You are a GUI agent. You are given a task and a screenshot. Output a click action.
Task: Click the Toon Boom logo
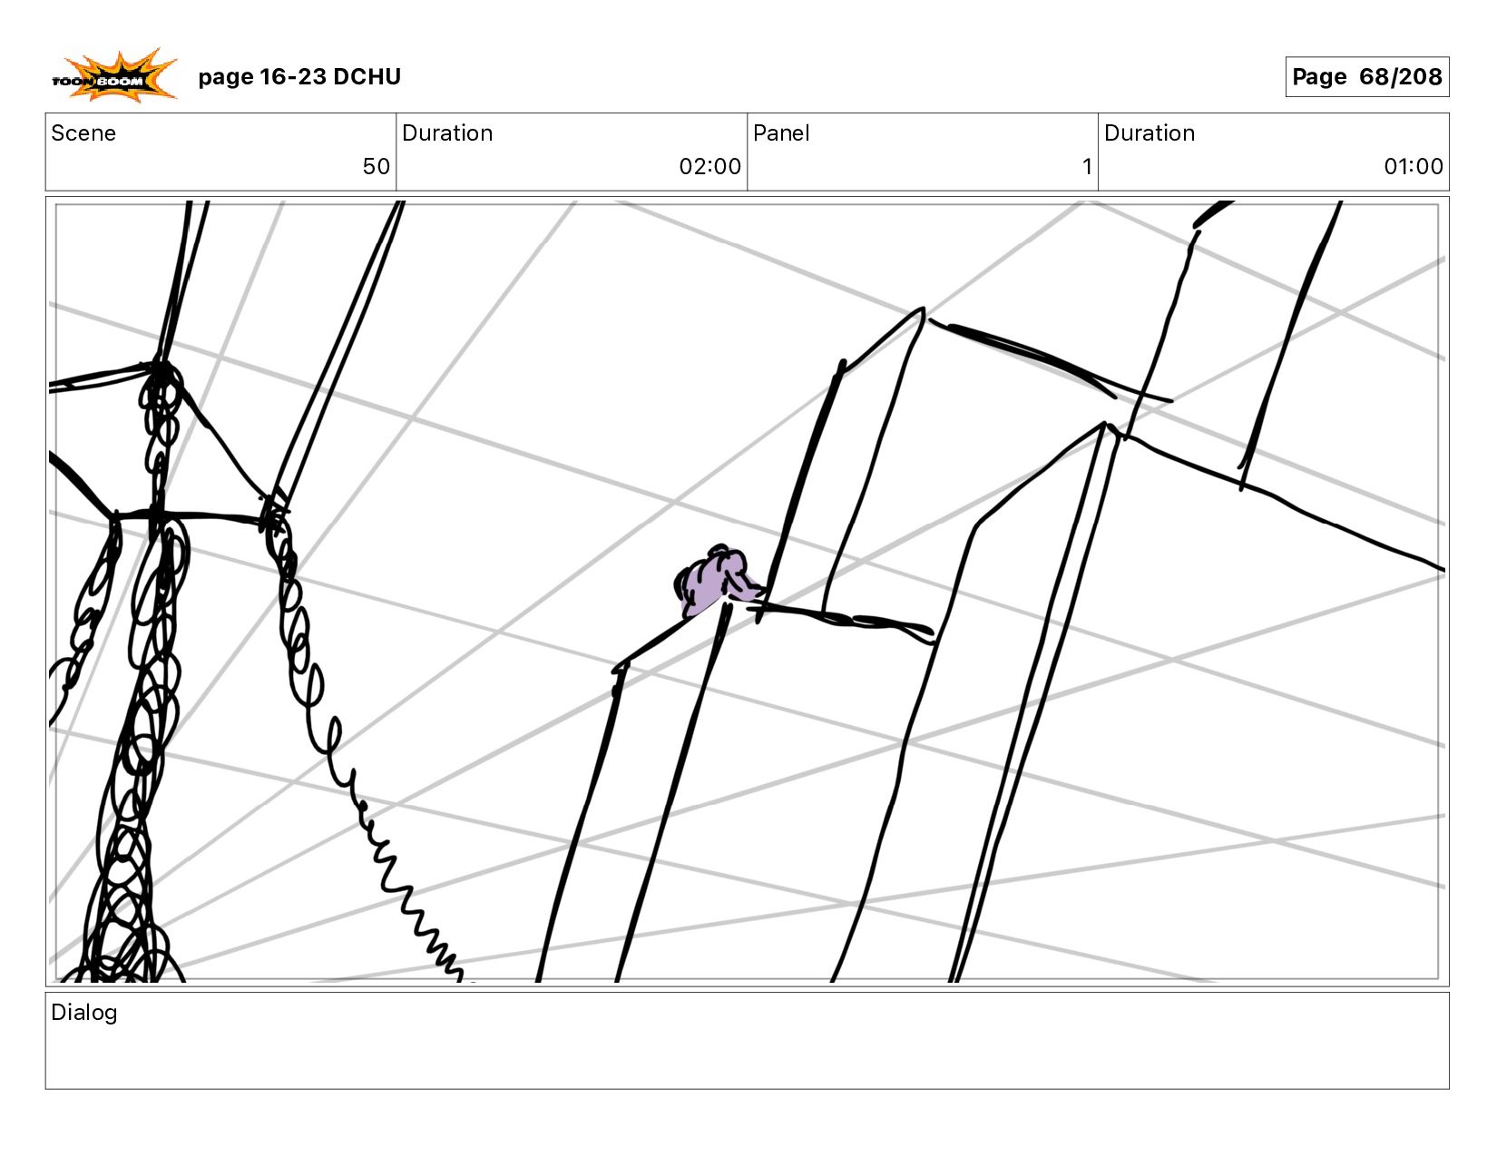tap(114, 76)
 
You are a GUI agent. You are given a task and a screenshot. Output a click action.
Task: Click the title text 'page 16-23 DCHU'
tap(299, 76)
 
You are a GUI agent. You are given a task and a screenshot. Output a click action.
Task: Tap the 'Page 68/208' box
tap(1366, 76)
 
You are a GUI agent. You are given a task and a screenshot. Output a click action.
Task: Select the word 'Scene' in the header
tap(83, 133)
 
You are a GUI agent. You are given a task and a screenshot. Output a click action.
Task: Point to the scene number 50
tap(377, 166)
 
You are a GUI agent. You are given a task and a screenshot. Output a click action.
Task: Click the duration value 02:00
tap(709, 166)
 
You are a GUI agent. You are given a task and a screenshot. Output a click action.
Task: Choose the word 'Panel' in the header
tap(780, 133)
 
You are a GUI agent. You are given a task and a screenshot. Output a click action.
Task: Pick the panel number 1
tap(1087, 166)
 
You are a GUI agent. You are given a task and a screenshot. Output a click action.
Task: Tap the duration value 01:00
tap(1413, 166)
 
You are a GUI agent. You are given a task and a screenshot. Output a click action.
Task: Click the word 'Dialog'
tap(84, 1013)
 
